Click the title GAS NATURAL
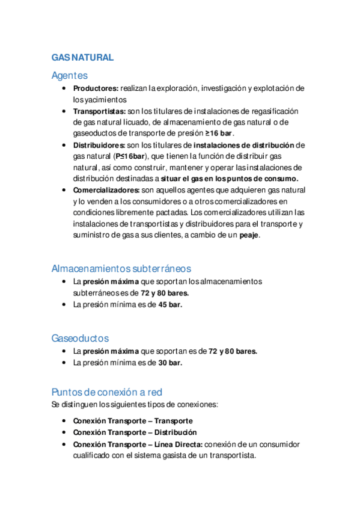(82, 58)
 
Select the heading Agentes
(70, 76)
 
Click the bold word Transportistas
(99, 111)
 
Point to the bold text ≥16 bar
(219, 134)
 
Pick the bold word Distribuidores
(99, 145)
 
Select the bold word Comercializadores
(106, 190)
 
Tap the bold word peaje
(249, 235)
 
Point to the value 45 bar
(170, 304)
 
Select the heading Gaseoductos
(80, 338)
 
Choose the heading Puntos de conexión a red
(107, 392)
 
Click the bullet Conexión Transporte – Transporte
(133, 421)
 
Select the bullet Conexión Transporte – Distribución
(135, 432)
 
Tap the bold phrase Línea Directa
(175, 444)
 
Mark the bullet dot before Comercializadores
(64, 190)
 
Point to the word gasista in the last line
(174, 455)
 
